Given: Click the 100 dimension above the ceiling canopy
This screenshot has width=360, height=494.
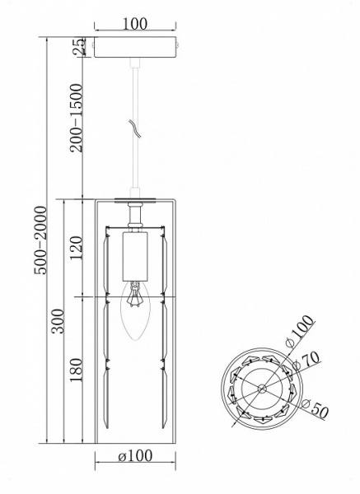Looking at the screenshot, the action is click(x=134, y=24).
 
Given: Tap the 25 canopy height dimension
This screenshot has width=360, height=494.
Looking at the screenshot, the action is click(x=79, y=47).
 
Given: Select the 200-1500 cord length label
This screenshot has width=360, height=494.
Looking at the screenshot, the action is click(x=76, y=118).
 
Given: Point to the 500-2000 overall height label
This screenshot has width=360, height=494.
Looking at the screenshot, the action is click(x=40, y=240).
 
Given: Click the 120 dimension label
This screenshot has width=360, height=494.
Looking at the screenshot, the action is click(x=76, y=248).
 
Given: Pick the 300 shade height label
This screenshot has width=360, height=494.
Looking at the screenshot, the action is click(x=58, y=321).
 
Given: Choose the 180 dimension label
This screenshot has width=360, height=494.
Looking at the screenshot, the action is click(x=76, y=370).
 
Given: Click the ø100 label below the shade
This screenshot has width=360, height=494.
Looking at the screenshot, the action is click(x=135, y=456).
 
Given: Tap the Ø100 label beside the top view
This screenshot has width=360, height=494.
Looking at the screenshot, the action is click(x=300, y=332).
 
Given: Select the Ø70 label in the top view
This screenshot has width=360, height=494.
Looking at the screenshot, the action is click(x=306, y=361).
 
